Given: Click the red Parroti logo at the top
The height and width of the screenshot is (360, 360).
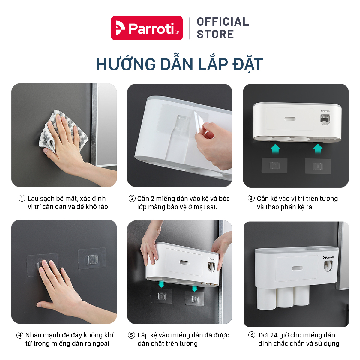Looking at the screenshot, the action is point(147,28).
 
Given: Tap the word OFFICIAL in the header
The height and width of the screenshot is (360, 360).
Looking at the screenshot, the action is point(223,22).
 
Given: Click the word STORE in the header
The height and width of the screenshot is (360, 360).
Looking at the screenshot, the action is point(215,34).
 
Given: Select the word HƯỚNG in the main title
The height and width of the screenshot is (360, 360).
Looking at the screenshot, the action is point(126,64).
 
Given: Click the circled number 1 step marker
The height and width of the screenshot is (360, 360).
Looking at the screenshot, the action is point(22,198).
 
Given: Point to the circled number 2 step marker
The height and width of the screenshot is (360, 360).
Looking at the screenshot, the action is point(132,198).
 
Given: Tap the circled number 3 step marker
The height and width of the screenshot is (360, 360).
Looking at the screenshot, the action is point(251,198).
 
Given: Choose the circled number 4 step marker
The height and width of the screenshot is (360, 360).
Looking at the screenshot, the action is point(20,335).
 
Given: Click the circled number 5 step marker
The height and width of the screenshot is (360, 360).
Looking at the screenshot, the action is point(131,335).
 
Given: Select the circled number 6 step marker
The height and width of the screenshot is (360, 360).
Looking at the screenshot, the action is point(252,335).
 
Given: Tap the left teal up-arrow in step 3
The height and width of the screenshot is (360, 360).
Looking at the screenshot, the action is point(275,149).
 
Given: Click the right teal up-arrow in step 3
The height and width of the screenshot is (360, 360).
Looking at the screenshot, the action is point(318,149).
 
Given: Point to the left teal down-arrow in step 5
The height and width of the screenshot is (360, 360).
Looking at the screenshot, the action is point(161,284).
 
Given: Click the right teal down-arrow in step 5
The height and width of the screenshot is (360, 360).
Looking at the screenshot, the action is point(194,288).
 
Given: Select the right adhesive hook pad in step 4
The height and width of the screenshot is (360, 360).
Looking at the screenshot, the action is point(92,259).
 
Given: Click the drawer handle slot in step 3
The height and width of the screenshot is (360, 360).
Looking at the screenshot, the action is point(290,119).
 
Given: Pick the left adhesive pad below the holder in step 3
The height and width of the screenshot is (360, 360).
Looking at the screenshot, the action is point(274,165).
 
